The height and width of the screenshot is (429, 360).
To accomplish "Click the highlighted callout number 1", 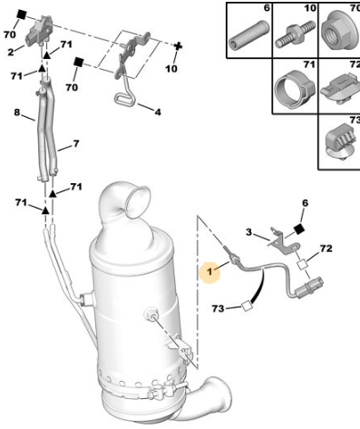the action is [x=209, y=272].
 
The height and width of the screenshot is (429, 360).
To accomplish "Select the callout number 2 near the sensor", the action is [x=11, y=53].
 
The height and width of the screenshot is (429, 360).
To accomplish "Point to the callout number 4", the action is [x=158, y=112].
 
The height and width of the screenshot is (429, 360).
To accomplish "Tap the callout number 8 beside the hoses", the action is [x=17, y=112].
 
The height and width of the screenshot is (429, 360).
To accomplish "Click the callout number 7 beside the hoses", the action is [x=76, y=143].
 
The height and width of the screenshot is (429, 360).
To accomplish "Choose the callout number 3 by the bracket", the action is [x=248, y=232].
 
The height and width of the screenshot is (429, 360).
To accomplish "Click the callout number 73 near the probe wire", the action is [x=218, y=308].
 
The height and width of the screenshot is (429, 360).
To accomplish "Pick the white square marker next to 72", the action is [x=302, y=265].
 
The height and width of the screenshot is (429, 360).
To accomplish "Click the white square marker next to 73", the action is [x=247, y=307].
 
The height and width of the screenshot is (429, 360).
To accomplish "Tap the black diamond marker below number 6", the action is [x=299, y=229].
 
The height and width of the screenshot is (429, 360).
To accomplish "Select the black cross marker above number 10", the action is [x=179, y=46].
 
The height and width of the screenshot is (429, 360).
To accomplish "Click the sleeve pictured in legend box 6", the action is [x=248, y=34].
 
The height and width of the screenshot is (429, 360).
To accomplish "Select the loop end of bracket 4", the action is [x=124, y=100].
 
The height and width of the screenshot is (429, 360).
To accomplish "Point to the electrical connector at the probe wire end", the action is [x=309, y=288].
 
